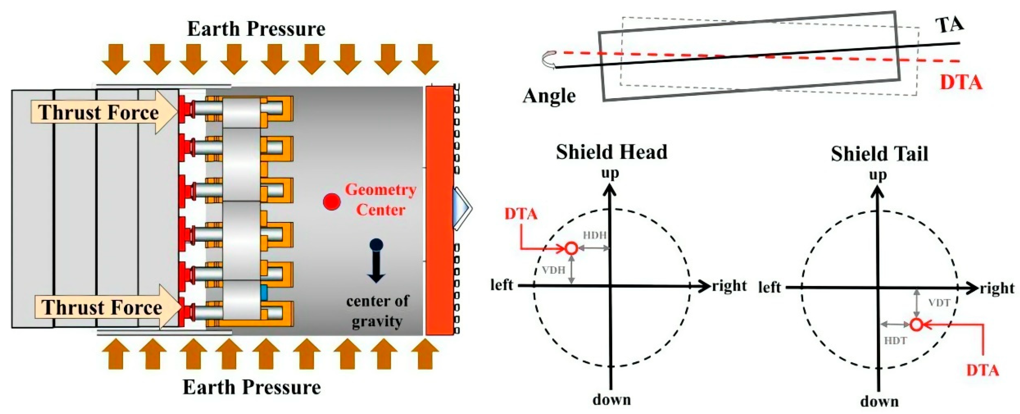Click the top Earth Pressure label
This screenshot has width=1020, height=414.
coord(256,29)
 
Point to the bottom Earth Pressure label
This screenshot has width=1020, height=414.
coord(252,387)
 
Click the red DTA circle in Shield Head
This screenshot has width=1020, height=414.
coord(571,248)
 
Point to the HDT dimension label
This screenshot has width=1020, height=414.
coord(895,340)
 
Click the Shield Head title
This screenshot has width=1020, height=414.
coord(611,152)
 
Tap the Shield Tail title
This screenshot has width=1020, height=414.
coord(879,154)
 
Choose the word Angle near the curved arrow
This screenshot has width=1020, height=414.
coord(549,96)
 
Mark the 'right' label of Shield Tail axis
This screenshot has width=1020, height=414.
coord(997,288)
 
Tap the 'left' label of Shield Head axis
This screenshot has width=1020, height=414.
coord(502,285)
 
